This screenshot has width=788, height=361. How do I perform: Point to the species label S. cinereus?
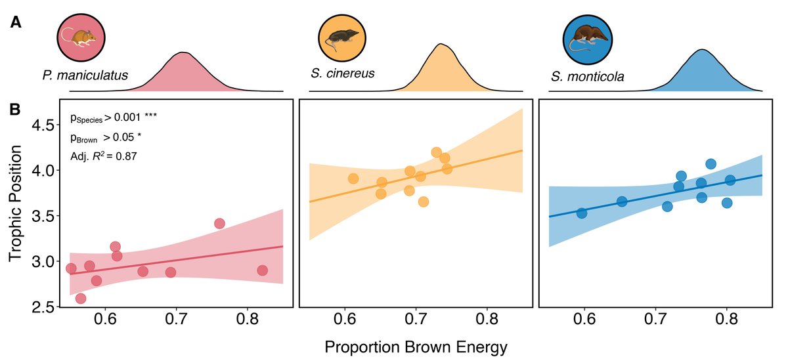tap(342, 73)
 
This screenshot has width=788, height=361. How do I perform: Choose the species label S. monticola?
tap(588, 77)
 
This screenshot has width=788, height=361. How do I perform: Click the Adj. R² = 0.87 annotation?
tap(103, 156)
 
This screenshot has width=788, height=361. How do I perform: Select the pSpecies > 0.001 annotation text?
tap(113, 117)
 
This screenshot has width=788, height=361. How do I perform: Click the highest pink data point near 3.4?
tap(219, 224)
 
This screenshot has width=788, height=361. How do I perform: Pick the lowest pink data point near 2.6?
tap(81, 299)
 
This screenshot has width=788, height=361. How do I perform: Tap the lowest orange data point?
tap(424, 202)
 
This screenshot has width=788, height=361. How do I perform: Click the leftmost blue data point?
tap(581, 213)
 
